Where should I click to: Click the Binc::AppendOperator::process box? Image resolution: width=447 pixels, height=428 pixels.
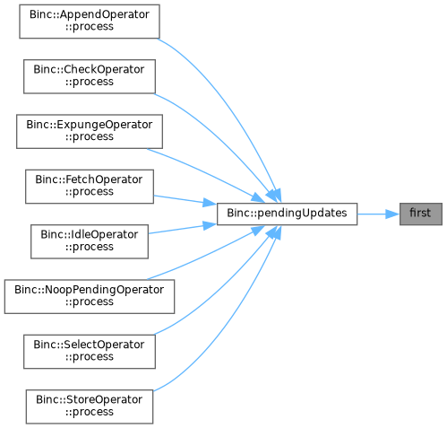point(90,22)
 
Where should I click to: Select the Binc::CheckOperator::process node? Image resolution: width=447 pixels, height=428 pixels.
point(90,76)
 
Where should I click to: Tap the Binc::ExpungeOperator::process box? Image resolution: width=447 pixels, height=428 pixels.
point(90,132)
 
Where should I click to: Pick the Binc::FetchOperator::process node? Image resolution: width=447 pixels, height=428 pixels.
point(90,187)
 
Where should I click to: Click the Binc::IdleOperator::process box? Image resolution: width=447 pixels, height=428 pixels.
point(90,241)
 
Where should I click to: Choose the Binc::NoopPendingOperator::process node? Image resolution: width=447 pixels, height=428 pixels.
point(90,297)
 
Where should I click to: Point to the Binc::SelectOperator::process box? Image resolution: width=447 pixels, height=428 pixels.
point(90,352)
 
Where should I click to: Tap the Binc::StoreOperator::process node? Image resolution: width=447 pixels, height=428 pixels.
point(90,406)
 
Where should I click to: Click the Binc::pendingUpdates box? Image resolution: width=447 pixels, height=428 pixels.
point(287,214)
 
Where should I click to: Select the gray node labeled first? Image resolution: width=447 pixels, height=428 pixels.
point(421,214)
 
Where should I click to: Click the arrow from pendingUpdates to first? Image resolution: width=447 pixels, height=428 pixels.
point(378,214)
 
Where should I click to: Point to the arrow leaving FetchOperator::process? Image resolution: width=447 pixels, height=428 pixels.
point(185,200)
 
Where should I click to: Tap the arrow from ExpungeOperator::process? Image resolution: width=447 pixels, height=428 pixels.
point(206,174)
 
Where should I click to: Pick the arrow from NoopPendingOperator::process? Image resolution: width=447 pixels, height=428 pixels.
point(206,254)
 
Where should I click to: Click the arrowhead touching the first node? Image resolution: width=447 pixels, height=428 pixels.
point(392,214)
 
